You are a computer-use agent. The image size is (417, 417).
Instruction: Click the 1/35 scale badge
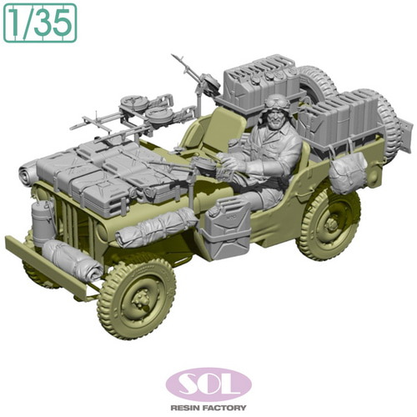point(40,23)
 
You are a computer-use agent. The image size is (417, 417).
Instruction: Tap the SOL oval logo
point(208,384)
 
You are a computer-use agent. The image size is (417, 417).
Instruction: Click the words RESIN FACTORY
point(208,408)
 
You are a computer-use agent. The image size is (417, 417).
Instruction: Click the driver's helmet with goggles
point(275,103)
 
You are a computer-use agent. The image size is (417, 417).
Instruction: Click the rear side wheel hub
point(331,223)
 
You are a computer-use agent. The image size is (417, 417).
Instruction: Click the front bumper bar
point(50,266)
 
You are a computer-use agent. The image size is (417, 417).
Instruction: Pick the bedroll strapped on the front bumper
point(73,259)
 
